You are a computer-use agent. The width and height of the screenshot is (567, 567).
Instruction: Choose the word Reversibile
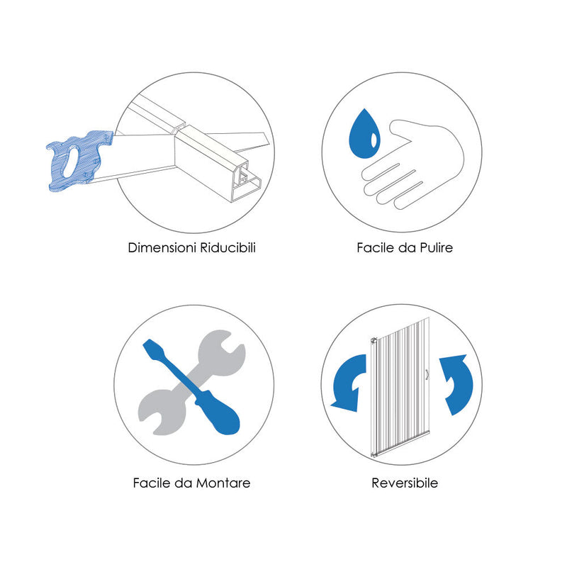(405, 483)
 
